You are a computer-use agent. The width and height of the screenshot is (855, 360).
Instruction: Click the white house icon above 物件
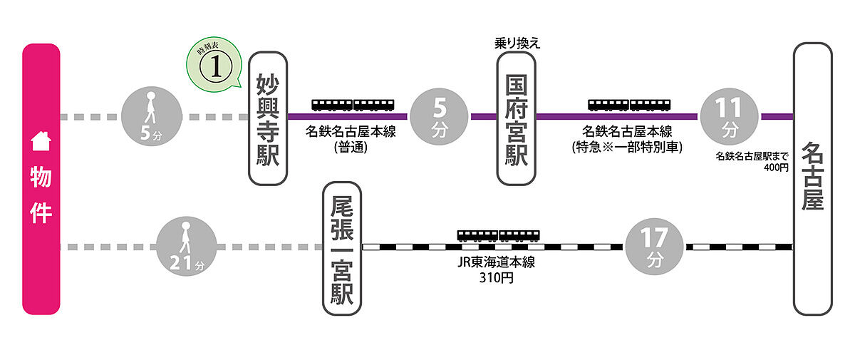pos(41,142)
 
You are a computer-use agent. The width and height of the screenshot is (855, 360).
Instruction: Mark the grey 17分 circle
pos(653,247)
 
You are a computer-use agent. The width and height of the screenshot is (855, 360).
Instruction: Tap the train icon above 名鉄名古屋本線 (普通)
pos(353,106)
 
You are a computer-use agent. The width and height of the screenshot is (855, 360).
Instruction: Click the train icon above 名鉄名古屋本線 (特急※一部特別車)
pos(628,106)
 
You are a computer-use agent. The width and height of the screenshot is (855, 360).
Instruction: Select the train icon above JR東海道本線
pos(497,235)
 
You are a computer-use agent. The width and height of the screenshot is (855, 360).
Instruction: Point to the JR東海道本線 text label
pos(497,262)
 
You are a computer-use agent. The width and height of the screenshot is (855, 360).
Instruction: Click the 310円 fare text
pos(497,277)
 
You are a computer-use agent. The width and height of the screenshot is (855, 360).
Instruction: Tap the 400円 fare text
pos(776,168)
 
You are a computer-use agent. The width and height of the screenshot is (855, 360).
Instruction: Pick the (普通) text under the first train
pos(354,148)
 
